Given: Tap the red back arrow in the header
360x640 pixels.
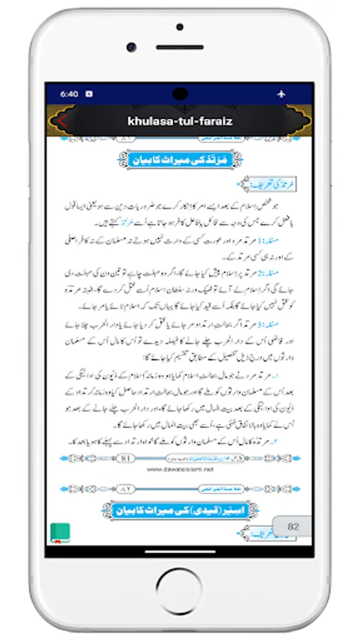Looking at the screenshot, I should coord(62,120).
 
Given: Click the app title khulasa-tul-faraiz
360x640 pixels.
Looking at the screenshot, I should coord(180,121).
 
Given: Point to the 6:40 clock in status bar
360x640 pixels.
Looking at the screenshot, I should coord(69,93).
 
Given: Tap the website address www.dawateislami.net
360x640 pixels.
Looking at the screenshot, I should coord(180,469).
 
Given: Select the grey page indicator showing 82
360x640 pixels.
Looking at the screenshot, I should coord(292,526).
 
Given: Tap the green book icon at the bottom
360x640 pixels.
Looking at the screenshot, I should coord(60,532).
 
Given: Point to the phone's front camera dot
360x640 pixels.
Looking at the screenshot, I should coord(132,47).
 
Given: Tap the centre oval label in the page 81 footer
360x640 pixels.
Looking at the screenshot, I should coord(180,458).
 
